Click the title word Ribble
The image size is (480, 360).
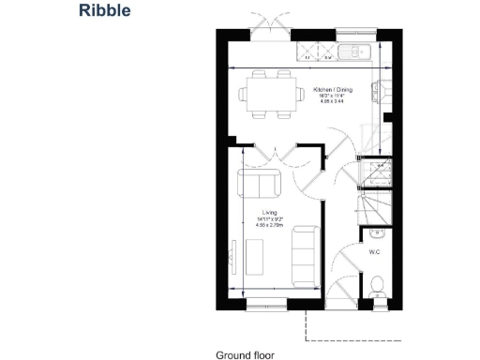[x=105, y=12]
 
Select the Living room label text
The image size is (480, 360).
[x=270, y=213]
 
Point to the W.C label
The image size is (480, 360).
[x=374, y=252]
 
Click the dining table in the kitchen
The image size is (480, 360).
[x=265, y=95]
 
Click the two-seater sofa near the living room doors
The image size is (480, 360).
[x=257, y=183]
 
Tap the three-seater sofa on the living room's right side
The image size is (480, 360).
[x=303, y=257]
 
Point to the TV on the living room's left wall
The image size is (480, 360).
[x=232, y=253]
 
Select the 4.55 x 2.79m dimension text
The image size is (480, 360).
[x=270, y=226]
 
